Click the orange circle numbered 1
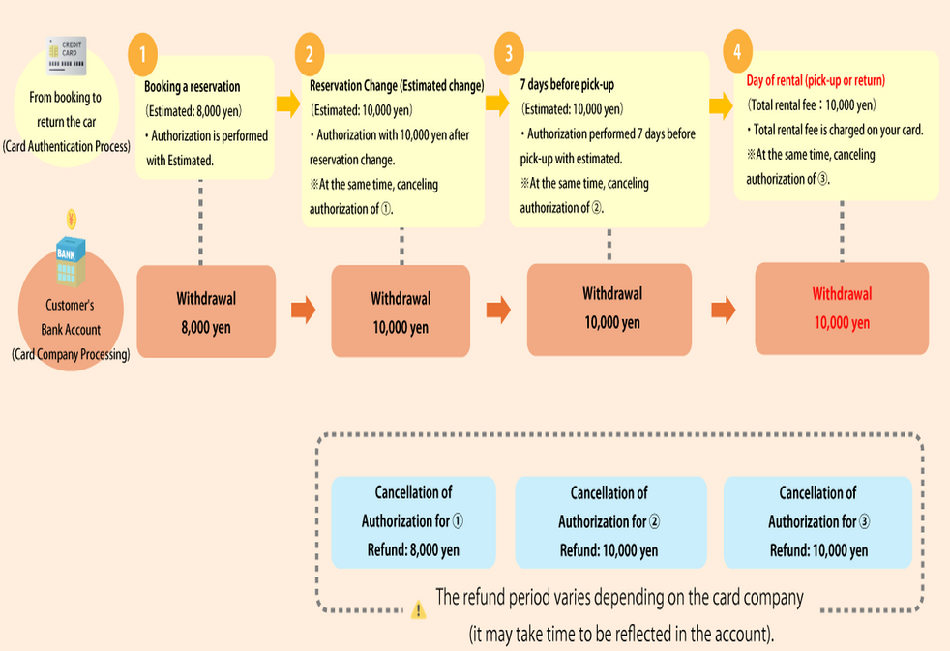click(x=142, y=55)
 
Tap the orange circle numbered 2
click(x=309, y=55)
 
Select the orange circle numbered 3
click(x=509, y=55)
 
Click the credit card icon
click(x=67, y=52)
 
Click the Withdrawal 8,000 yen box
click(x=206, y=311)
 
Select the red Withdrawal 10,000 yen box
click(x=841, y=308)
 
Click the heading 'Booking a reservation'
click(x=193, y=87)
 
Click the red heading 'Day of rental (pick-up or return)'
click(x=816, y=80)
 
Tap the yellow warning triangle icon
click(x=418, y=609)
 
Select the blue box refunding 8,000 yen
click(x=412, y=521)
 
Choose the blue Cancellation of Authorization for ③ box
click(x=817, y=521)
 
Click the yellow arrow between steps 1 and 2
click(x=288, y=103)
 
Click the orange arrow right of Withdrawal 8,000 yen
click(x=304, y=311)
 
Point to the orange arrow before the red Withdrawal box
click(x=723, y=311)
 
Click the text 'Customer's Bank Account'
click(x=70, y=317)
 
